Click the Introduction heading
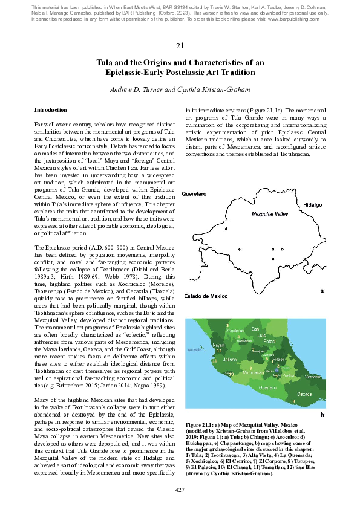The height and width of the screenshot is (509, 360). pos(51,110)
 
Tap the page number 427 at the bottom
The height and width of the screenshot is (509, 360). pos(180,489)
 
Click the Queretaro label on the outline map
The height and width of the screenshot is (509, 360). pos(194,194)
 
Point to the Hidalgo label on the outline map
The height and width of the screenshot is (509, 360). pos(313,205)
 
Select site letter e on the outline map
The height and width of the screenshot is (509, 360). pos(240,249)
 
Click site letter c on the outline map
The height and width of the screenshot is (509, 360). pos(273,259)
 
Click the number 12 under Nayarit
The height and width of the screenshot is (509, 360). pos(219,351)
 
